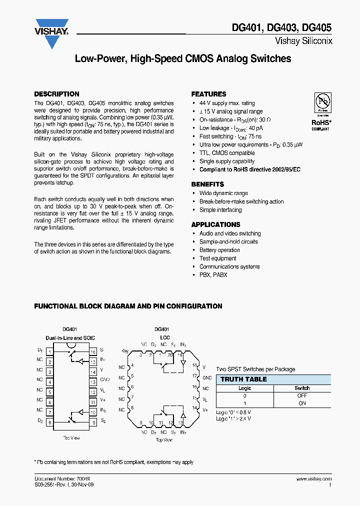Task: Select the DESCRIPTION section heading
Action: pos(56,94)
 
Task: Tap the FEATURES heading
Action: pos(208,94)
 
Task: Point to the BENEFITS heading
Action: pos(208,184)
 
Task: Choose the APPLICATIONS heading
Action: pos(215,224)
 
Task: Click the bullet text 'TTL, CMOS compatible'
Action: pos(227,153)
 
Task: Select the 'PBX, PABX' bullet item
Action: pos(213,275)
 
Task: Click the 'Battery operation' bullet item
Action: pos(219,250)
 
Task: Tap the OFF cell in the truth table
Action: pos(302,395)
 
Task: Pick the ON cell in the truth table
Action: pos(302,403)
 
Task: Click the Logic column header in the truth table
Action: pos(244,388)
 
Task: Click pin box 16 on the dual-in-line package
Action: pos(93,351)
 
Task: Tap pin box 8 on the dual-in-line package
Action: pos(50,422)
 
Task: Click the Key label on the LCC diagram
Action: pos(125,350)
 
